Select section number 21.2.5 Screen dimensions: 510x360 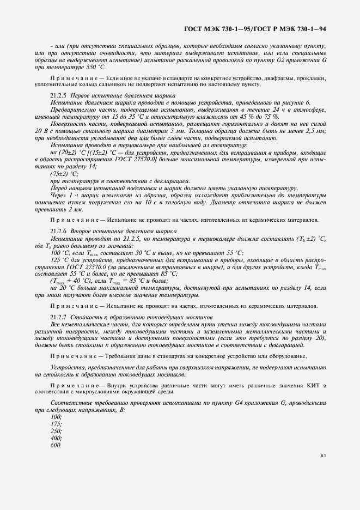tap(58, 95)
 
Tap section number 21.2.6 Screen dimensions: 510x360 tap(58, 231)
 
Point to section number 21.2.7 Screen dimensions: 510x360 tap(58, 317)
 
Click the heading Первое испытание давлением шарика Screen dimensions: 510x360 tap(117, 95)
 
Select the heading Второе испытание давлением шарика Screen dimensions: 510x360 tap(116, 231)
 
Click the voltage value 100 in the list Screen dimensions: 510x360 tap(56, 416)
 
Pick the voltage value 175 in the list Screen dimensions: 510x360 tap(56, 423)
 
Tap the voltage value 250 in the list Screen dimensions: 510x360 tap(56, 431)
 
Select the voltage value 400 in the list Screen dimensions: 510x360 tap(56, 438)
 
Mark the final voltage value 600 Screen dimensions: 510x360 tap(56, 446)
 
